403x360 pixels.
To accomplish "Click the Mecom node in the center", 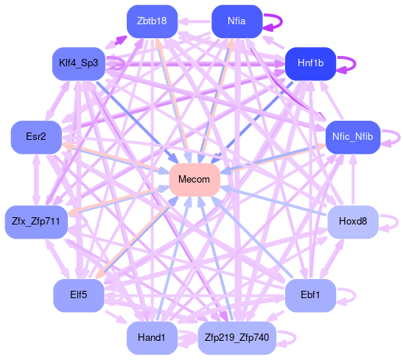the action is pyautogui.click(x=195, y=180).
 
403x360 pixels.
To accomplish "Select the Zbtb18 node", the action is pyautogui.click(x=153, y=21).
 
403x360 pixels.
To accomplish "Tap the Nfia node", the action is pyautogui.click(x=236, y=21).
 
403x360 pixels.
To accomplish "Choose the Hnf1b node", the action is pyautogui.click(x=310, y=63).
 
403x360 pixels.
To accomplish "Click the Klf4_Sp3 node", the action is pyautogui.click(x=79, y=63).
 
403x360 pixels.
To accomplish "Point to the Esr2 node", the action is pyautogui.click(x=36, y=138).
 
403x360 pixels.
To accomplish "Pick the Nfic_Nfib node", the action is pyautogui.click(x=353, y=138).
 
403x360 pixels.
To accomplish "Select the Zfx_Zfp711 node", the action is pyautogui.click(x=36, y=222).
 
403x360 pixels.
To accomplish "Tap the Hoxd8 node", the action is pyautogui.click(x=353, y=222).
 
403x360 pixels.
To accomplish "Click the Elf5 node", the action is pyautogui.click(x=79, y=295).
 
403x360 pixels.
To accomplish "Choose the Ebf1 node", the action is pyautogui.click(x=310, y=295).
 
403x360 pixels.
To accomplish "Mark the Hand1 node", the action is pyautogui.click(x=153, y=338).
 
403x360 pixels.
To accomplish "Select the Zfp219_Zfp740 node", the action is pyautogui.click(x=237, y=338).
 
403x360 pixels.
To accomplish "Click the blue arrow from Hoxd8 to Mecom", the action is pyautogui.click(x=275, y=200).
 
